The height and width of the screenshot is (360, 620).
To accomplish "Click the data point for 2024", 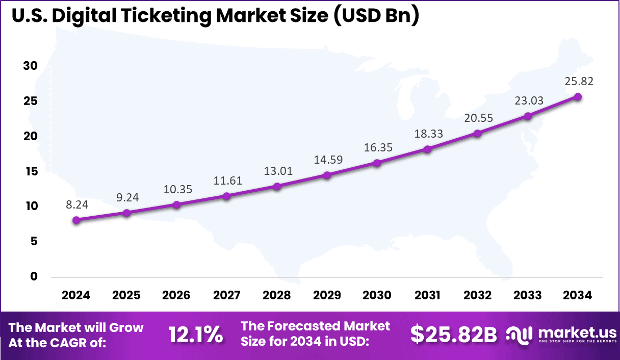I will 76,220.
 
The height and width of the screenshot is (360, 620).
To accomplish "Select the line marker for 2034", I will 578,97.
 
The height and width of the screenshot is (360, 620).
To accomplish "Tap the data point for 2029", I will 327,175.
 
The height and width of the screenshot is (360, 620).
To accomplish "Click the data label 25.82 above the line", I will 579,81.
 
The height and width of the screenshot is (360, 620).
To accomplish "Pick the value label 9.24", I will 126,197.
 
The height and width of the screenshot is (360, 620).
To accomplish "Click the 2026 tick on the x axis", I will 176,295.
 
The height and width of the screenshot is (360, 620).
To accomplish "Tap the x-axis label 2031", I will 427,295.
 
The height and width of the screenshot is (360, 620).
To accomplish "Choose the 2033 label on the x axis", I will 528,295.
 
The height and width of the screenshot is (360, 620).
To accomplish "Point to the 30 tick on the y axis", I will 30,66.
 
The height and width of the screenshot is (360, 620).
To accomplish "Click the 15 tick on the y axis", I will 30,171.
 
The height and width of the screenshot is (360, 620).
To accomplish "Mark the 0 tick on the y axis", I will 34,276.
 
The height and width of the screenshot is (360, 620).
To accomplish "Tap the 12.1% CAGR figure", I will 196,335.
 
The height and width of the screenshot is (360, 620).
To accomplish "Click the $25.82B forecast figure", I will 454,335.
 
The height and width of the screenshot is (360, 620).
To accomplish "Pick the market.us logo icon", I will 520,335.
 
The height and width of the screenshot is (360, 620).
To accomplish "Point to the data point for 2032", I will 477,134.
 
